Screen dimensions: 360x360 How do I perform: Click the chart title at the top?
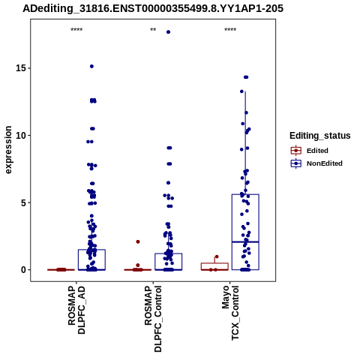[153, 9]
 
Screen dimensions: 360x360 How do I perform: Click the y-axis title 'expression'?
[8, 150]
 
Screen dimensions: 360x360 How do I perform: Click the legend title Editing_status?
[320, 136]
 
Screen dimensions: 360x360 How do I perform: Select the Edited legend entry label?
[317, 151]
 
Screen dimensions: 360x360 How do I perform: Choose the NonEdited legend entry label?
[325, 163]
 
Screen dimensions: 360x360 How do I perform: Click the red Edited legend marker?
[296, 151]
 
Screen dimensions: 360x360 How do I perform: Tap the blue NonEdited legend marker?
[296, 163]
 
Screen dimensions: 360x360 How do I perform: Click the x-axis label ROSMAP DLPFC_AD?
[76, 310]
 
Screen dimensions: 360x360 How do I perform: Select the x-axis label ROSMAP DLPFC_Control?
[153, 319]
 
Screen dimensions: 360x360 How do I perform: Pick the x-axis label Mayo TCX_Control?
[230, 313]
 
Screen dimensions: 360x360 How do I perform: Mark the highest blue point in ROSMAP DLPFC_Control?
[168, 32]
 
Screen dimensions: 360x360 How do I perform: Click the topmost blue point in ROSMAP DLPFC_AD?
[91, 66]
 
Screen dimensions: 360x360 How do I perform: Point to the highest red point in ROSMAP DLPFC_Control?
[138, 241]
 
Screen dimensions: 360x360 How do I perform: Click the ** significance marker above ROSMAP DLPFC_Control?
[153, 30]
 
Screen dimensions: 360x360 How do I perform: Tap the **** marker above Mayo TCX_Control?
[230, 30]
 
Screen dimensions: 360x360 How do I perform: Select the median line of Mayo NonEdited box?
[245, 241]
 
